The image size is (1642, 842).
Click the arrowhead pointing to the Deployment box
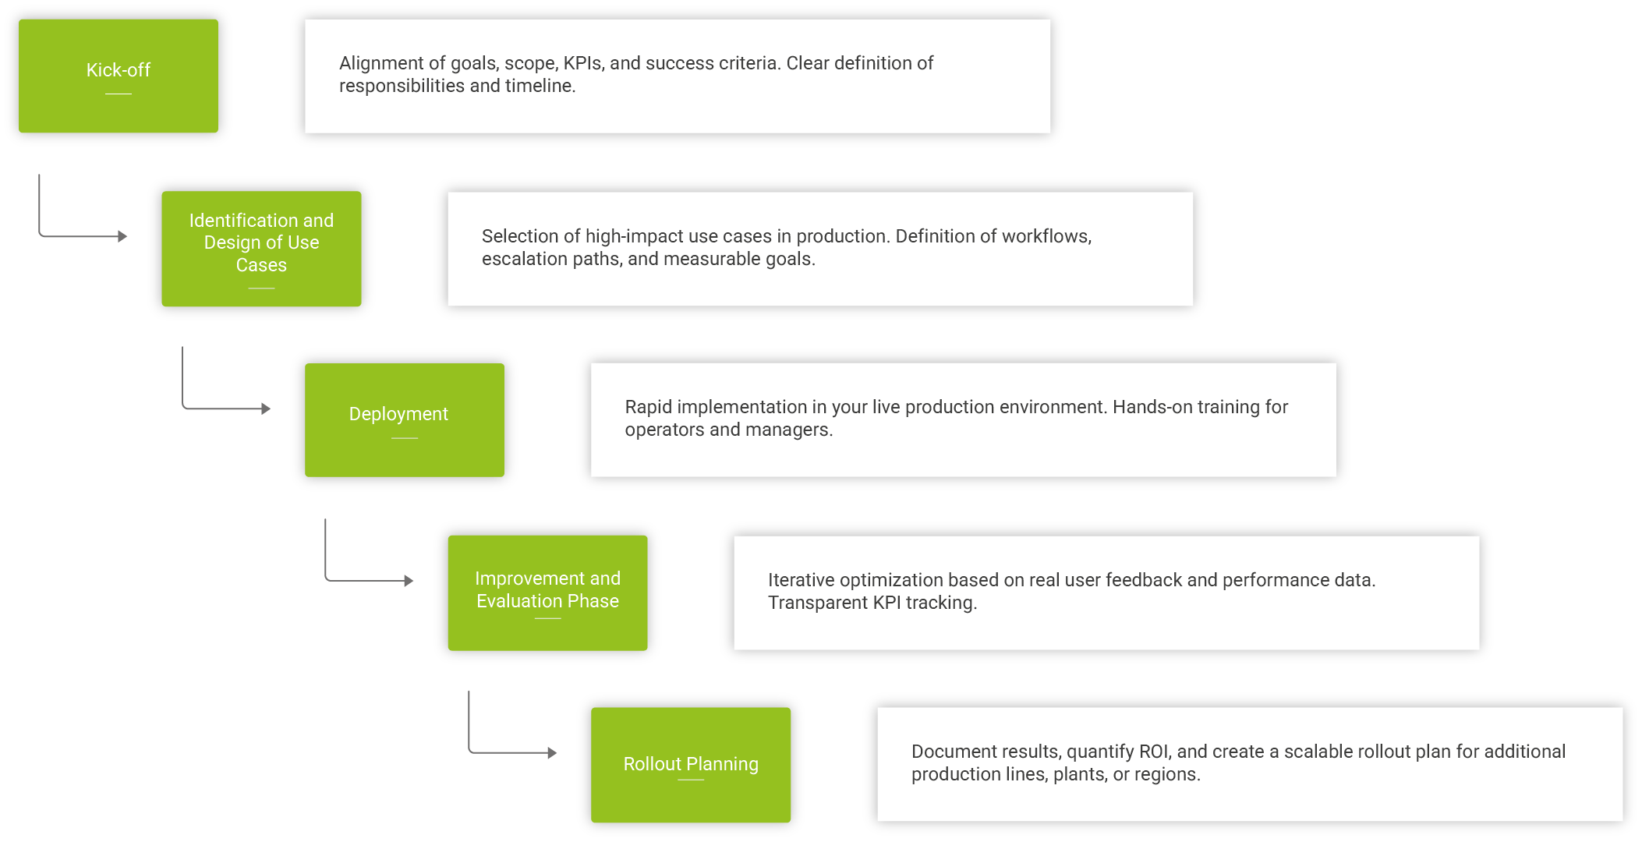(x=266, y=409)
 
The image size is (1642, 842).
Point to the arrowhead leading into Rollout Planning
(x=552, y=752)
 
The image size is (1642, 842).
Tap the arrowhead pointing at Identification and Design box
(x=122, y=236)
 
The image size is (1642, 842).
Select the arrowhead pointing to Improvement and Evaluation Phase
(x=409, y=581)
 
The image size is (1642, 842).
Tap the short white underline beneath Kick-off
(x=119, y=94)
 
